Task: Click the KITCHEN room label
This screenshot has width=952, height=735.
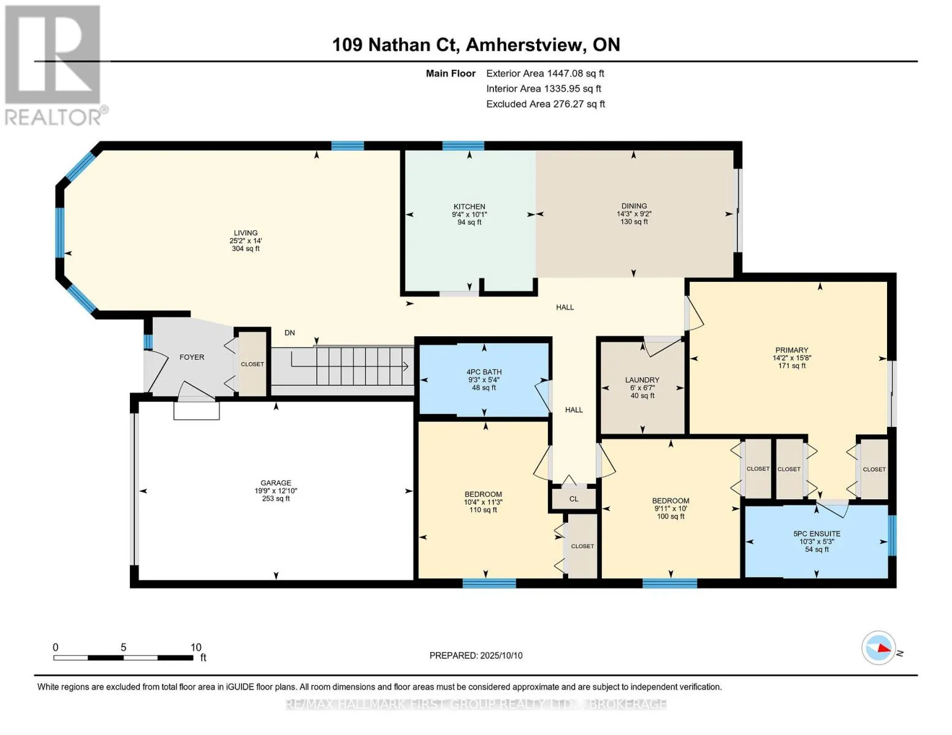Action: [x=469, y=206]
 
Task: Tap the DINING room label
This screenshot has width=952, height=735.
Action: [x=633, y=206]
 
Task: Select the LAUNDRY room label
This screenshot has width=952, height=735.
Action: [x=642, y=380]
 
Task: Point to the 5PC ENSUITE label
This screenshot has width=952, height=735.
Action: [x=817, y=533]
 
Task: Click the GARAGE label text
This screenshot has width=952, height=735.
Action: [x=276, y=483]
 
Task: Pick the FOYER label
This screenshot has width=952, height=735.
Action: [x=191, y=357]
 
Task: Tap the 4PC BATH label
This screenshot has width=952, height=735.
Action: [x=484, y=372]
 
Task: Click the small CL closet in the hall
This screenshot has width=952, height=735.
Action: [x=574, y=499]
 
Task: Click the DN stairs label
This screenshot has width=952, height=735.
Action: [x=289, y=333]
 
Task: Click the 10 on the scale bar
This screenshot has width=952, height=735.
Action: [x=196, y=647]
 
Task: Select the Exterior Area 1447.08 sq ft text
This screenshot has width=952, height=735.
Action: [x=545, y=73]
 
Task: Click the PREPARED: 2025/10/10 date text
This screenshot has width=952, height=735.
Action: [x=476, y=655]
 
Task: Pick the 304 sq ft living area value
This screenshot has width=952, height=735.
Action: [x=245, y=249]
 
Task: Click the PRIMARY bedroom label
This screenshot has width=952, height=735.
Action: [x=791, y=350]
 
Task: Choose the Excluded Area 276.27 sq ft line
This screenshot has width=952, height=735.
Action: [x=546, y=104]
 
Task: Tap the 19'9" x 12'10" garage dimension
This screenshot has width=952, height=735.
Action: [x=276, y=491]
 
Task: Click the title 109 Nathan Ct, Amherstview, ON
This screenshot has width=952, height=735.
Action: [x=476, y=45]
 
